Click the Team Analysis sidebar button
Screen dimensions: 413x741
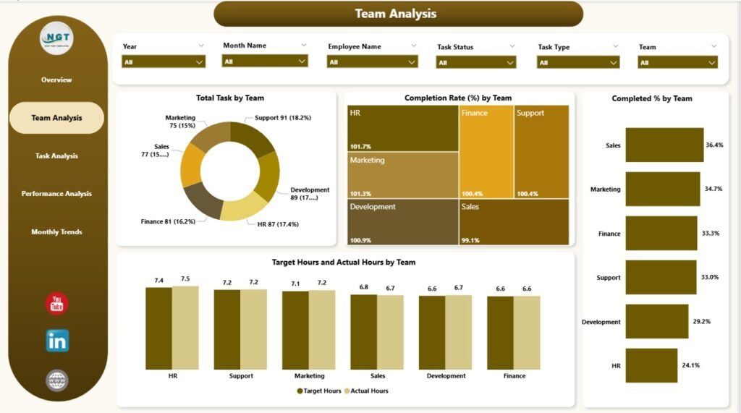[56, 118]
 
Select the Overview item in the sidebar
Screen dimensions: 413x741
[56, 80]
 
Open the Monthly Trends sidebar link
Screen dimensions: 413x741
[56, 232]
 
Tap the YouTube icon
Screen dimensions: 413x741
[57, 304]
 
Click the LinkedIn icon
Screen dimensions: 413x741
[57, 341]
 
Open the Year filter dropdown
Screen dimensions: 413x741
[164, 62]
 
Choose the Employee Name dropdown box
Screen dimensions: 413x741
[372, 62]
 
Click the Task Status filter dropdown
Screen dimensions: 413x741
[475, 63]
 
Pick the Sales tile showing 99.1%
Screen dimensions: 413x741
[513, 222]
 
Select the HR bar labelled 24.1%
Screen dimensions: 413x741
[651, 366]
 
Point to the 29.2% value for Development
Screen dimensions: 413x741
[701, 322]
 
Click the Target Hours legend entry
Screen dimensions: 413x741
[319, 391]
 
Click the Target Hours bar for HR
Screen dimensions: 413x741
[158, 328]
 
